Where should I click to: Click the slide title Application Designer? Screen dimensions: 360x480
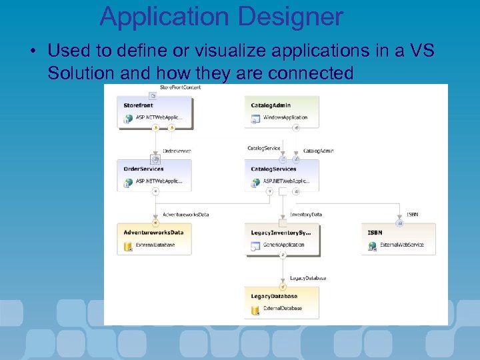[221, 16]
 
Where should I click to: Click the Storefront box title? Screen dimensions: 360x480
[138, 105]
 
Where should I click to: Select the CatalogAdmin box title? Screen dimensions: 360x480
[271, 105]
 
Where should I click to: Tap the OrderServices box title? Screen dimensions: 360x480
[143, 169]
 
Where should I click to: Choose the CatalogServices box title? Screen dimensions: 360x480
[273, 169]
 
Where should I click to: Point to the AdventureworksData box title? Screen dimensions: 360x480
[153, 233]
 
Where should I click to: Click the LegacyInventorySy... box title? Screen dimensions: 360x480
[281, 233]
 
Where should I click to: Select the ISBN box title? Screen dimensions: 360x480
[375, 233]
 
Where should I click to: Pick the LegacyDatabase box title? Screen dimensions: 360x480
[274, 296]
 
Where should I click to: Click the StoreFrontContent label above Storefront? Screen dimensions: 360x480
[180, 87]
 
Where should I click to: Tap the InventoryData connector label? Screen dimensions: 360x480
[306, 215]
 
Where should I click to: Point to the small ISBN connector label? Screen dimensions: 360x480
[412, 215]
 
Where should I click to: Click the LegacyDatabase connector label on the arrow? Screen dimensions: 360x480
[308, 278]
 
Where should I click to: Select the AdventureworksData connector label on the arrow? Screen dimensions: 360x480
[186, 215]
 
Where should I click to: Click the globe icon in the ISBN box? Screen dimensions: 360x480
[373, 247]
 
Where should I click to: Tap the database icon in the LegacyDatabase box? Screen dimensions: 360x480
[255, 310]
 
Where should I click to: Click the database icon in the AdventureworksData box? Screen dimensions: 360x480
[128, 247]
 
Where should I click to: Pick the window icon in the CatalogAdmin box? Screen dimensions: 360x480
[255, 119]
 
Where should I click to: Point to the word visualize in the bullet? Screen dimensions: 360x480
[215, 51]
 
